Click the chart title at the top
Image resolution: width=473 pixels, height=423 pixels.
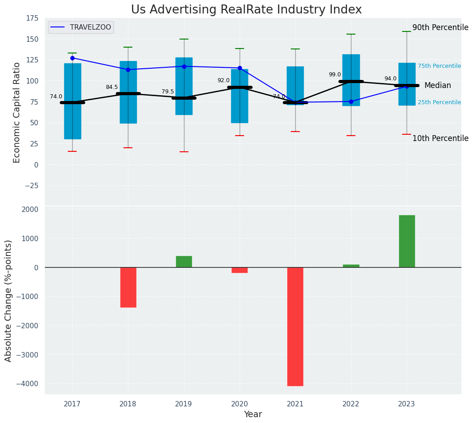tap(246, 10)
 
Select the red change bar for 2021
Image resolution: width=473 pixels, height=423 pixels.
tap(295, 326)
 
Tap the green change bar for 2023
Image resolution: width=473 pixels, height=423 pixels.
tap(407, 241)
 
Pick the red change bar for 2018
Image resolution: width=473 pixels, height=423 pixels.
tap(128, 287)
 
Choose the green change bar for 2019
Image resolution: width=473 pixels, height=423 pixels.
tap(184, 262)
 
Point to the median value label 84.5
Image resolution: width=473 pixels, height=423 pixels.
tap(112, 87)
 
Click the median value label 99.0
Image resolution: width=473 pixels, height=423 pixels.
tap(335, 75)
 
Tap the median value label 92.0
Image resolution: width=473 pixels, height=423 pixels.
tap(223, 80)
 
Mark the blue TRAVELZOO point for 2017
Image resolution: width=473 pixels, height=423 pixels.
tap(72, 58)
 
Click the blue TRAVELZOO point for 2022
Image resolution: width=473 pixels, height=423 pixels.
tap(351, 101)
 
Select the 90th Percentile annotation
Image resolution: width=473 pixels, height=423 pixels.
tap(440, 27)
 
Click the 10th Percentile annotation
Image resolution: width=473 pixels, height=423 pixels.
tap(440, 138)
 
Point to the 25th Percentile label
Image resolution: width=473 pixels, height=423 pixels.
tap(439, 102)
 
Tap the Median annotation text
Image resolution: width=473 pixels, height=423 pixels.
tap(438, 85)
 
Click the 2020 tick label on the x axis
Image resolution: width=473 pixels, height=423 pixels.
tap(240, 404)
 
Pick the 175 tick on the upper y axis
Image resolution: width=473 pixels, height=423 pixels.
tap(32, 18)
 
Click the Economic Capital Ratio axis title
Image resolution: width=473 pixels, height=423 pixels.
tap(17, 112)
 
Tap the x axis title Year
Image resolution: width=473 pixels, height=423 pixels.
tap(253, 414)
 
